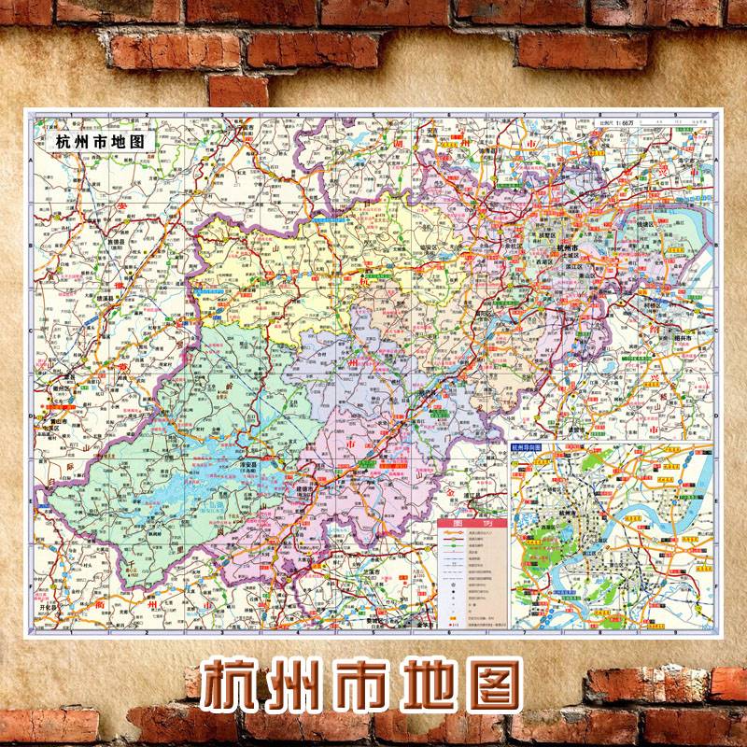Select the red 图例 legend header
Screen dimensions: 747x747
(472, 524)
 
